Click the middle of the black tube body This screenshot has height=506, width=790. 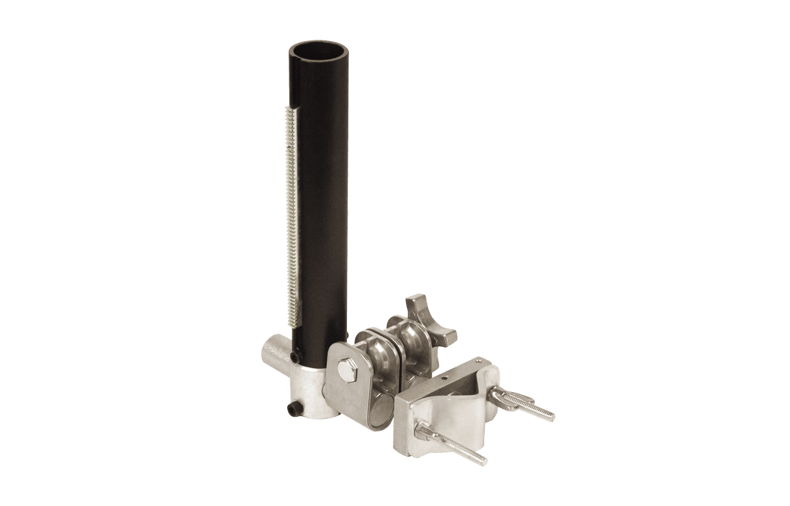(320, 206)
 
